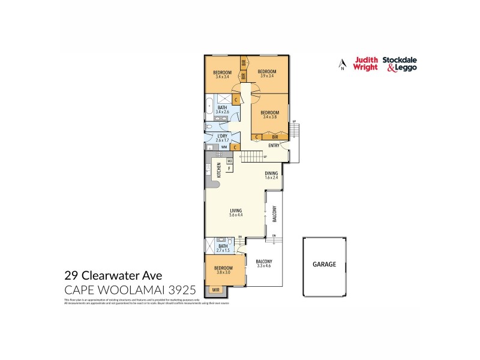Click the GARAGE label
tap(324, 264)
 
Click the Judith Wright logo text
tap(365, 64)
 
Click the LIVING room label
tap(236, 210)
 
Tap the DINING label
tap(272, 173)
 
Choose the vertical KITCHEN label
tap(220, 170)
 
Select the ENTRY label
tap(274, 145)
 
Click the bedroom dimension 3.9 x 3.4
tap(267, 76)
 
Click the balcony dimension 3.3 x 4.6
tap(264, 265)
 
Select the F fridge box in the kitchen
tap(229, 169)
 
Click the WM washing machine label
tap(224, 146)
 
